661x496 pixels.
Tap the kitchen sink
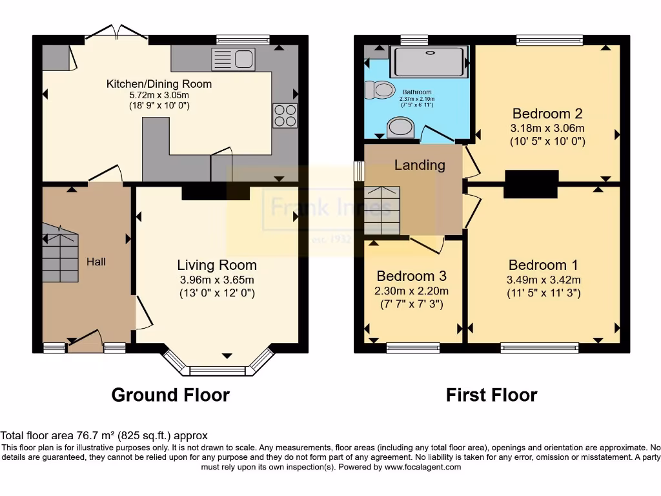point(233,59)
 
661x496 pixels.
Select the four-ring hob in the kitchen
point(285,115)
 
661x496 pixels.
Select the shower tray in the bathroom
point(429,61)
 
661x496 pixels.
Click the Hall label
point(96,262)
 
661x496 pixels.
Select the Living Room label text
point(217,265)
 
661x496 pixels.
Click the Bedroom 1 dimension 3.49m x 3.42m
point(544,280)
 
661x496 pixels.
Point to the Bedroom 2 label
point(547,114)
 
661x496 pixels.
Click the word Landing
point(420,165)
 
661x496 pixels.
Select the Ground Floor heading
point(170,395)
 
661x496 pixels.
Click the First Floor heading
point(491,395)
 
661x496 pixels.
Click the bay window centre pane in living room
point(218,371)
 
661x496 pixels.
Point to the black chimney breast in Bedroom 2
point(531,183)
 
